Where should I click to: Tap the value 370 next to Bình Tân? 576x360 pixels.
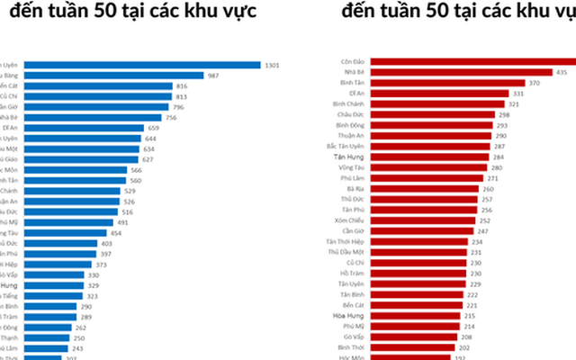coord(535,83)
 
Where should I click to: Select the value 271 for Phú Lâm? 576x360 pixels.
coord(493,178)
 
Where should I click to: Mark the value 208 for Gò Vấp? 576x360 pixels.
coord(465,337)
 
